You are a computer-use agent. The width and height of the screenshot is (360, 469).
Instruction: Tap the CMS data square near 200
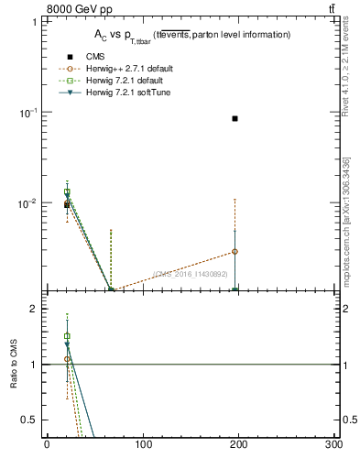coord(235,118)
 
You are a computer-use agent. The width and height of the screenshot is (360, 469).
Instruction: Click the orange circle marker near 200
coord(235,251)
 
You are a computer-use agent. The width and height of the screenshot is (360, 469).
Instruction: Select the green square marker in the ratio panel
coord(67,336)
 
